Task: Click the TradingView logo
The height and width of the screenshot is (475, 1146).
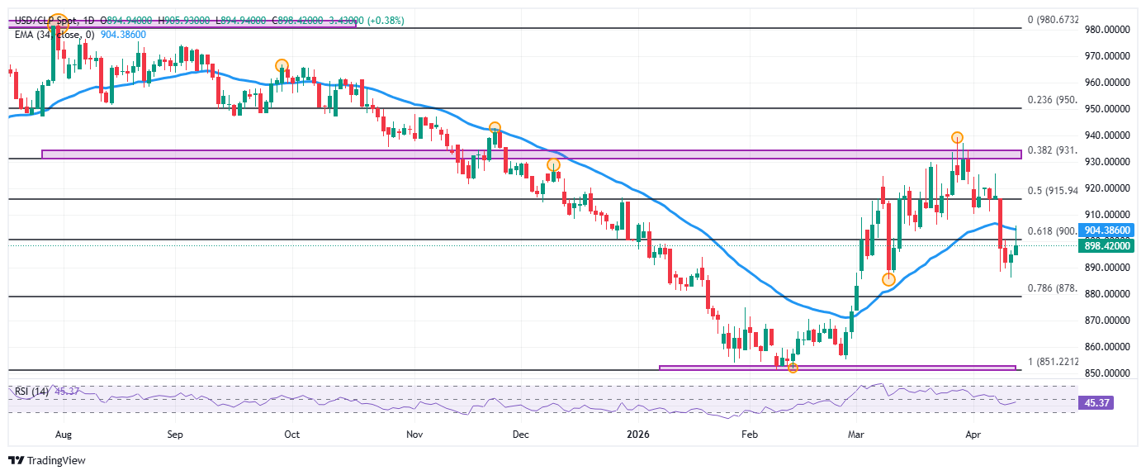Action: coord(47,461)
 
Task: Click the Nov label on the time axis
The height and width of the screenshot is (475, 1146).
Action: coord(415,433)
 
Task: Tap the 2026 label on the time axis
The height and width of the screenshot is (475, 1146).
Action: coord(638,433)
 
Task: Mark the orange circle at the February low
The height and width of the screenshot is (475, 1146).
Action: coord(793,368)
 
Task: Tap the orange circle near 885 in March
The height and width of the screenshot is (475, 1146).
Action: coord(888,280)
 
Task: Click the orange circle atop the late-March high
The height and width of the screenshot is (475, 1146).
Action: coord(957,137)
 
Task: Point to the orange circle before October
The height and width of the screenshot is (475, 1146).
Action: coord(282,65)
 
